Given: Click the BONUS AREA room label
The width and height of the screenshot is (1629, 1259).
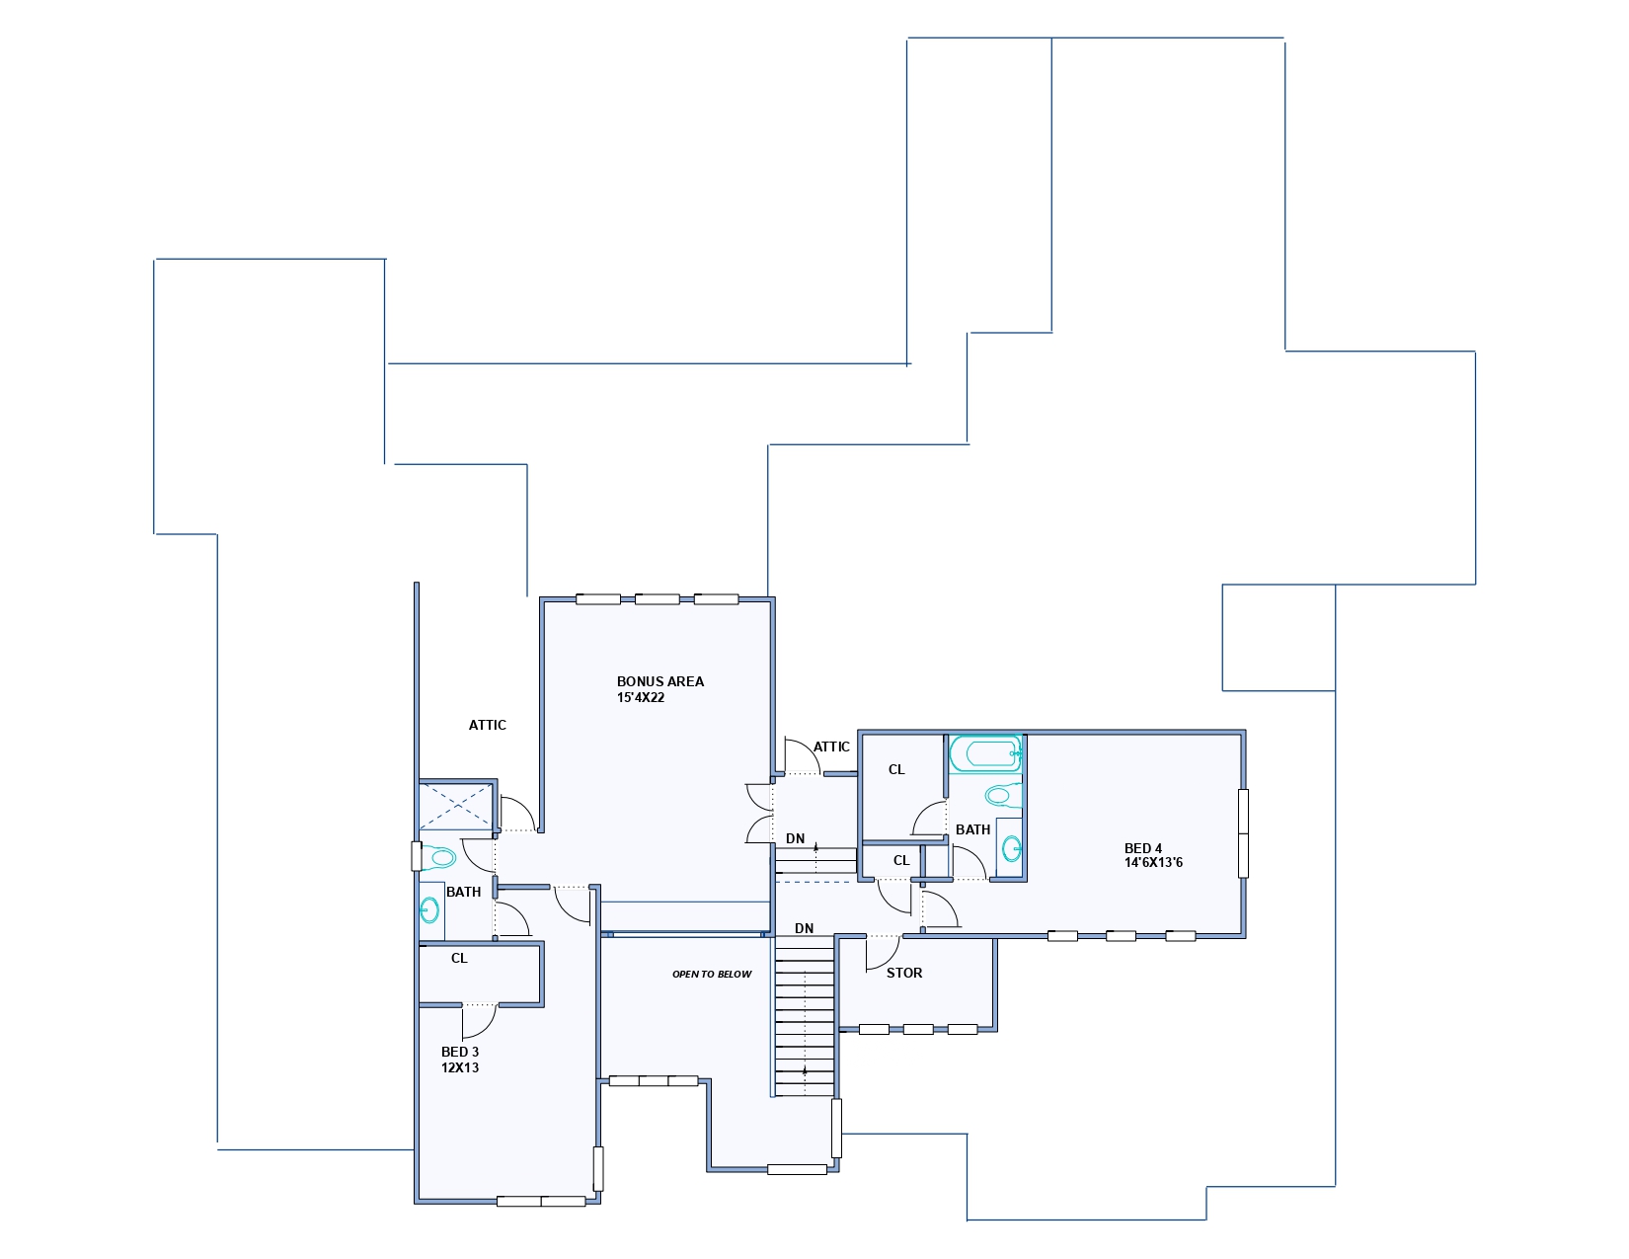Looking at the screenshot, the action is coord(659,681).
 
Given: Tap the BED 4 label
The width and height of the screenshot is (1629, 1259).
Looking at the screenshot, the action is coord(1142,848).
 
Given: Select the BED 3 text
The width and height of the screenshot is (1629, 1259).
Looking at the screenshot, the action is coord(459,1052).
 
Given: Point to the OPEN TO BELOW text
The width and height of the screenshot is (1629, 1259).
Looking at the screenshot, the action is coord(712,974).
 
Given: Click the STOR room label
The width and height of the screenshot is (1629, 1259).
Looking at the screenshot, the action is coord(904,973).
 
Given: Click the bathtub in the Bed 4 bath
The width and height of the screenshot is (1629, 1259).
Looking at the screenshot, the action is coord(986,753).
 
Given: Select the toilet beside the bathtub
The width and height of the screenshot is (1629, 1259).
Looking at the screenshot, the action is coord(1003,795).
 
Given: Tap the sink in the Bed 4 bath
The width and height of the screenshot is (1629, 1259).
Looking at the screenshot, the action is coord(1010,849).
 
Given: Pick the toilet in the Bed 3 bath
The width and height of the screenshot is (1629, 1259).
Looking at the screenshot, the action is coord(437,857).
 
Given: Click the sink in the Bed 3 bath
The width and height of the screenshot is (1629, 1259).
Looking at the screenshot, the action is coord(430,910).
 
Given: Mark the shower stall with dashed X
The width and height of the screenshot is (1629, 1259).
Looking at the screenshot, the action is coord(456,806).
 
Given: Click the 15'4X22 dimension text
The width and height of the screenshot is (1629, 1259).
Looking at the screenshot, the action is coord(640,697).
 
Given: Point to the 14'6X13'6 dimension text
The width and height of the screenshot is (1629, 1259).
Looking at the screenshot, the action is coord(1153,862).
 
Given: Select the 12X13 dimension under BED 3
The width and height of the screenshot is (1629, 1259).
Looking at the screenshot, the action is coord(459,1067).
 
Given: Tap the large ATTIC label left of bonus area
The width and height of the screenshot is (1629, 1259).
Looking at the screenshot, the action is coord(488,725).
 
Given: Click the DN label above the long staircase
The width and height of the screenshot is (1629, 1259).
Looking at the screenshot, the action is coord(804,928).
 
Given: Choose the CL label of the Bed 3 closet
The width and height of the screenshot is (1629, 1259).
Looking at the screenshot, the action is coord(459,958).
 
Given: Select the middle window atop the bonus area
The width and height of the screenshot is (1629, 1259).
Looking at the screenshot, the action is coord(657,599).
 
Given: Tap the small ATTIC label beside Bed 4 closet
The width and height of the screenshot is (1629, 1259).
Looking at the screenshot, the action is coord(831,747).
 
